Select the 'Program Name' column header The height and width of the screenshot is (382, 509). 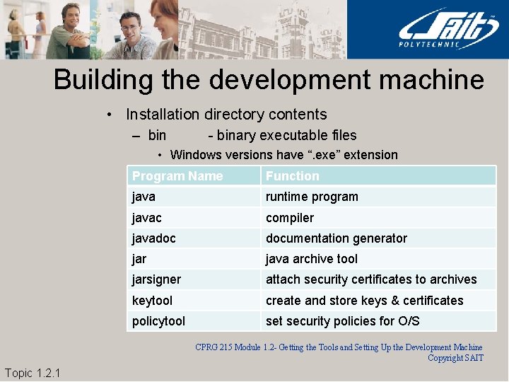click(x=177, y=176)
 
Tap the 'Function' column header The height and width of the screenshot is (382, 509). click(x=293, y=176)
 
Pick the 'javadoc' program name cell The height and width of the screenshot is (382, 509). click(x=153, y=238)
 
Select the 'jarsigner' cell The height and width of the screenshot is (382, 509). click(x=156, y=279)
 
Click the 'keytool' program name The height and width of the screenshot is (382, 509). click(x=152, y=301)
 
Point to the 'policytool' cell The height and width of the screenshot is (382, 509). click(x=158, y=321)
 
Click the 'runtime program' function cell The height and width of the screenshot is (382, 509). click(x=312, y=197)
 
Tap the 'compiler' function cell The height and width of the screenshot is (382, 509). click(x=290, y=218)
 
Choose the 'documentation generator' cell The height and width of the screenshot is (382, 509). click(x=337, y=238)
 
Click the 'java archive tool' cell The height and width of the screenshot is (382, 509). click(x=312, y=259)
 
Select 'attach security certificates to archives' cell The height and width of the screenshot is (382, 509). click(x=371, y=279)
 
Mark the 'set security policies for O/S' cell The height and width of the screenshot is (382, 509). click(x=343, y=321)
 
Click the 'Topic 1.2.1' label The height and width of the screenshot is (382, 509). click(x=33, y=373)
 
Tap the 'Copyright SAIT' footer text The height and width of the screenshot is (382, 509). click(x=455, y=358)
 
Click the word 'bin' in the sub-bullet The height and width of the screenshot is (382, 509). click(x=157, y=135)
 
